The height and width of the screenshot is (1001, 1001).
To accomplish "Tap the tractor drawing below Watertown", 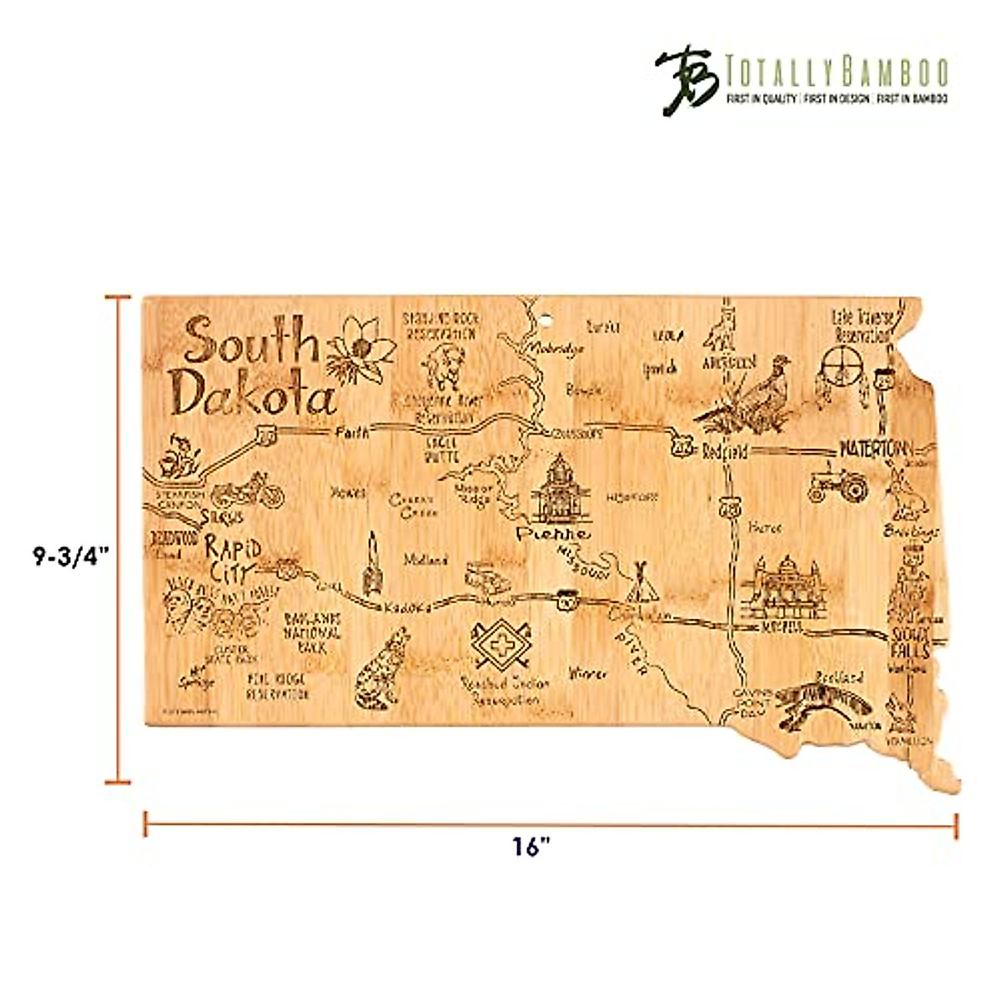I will tap(838, 485).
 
